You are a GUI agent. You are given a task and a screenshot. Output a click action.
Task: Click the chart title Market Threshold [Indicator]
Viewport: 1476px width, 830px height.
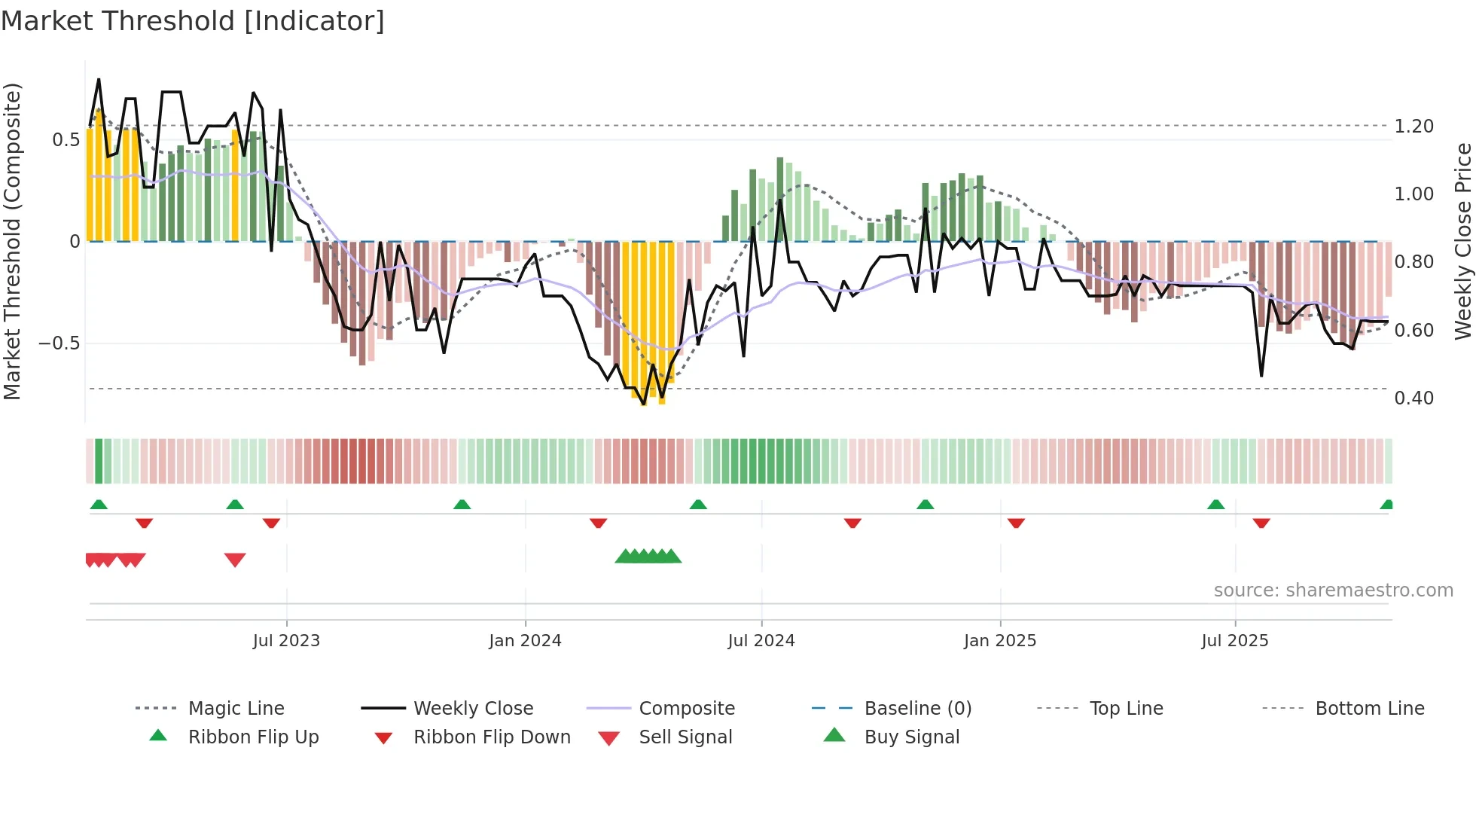point(193,21)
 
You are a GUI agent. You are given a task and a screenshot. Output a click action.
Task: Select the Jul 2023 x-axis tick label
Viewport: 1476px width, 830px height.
point(286,641)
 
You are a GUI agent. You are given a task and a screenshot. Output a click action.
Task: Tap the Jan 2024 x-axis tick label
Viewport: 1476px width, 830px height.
point(525,641)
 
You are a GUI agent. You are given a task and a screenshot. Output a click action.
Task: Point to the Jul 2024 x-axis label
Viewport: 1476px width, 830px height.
point(761,641)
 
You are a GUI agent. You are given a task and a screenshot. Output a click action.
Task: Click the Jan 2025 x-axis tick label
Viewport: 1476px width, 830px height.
point(1000,641)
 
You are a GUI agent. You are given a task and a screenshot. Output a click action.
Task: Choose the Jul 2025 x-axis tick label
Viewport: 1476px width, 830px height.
point(1235,641)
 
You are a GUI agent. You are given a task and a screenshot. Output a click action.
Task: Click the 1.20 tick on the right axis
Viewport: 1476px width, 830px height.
point(1413,127)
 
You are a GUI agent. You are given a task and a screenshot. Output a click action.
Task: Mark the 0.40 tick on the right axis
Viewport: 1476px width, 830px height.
point(1413,398)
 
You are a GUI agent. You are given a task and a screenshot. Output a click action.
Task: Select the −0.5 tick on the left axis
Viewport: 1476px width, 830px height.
point(59,343)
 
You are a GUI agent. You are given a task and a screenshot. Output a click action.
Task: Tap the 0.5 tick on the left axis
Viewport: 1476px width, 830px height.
point(66,140)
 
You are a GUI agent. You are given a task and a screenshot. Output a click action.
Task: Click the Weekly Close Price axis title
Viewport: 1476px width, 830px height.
point(1462,241)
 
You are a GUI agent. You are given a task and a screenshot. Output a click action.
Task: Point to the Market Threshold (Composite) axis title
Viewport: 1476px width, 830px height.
point(12,241)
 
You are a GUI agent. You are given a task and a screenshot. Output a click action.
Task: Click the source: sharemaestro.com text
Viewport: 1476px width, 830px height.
point(1333,590)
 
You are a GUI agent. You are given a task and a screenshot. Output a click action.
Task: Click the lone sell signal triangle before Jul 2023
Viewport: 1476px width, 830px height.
point(235,560)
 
